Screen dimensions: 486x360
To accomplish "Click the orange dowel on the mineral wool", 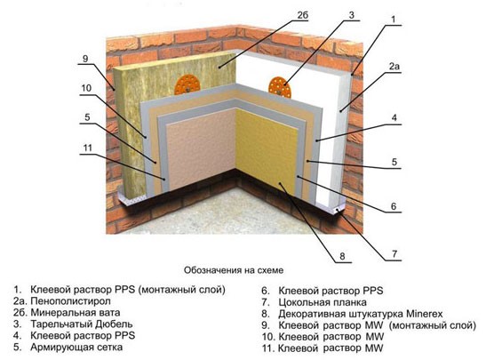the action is [x=187, y=84].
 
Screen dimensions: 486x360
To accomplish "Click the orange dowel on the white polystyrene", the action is [x=280, y=87].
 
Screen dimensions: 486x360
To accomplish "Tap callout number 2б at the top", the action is [x=302, y=15].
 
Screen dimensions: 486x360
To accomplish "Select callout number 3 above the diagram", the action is [x=351, y=15].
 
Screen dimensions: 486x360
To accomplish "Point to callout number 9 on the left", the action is [x=85, y=59].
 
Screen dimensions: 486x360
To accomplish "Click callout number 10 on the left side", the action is [x=86, y=88].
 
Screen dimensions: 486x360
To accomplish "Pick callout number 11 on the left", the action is [x=88, y=148].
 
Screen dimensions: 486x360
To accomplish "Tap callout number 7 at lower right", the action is [x=394, y=254].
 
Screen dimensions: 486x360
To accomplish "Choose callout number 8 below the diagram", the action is [x=342, y=256].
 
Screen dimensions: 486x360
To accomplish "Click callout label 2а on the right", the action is [x=394, y=66].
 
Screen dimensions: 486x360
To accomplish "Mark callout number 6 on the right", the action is [x=394, y=206].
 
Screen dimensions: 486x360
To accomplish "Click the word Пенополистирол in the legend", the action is [x=71, y=301].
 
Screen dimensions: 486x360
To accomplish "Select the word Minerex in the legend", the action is [x=424, y=314].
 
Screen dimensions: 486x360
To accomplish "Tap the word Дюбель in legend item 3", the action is [x=114, y=324].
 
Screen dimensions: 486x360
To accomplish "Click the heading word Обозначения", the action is [x=212, y=270].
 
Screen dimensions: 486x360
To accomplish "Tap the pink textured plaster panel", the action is [x=202, y=149].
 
